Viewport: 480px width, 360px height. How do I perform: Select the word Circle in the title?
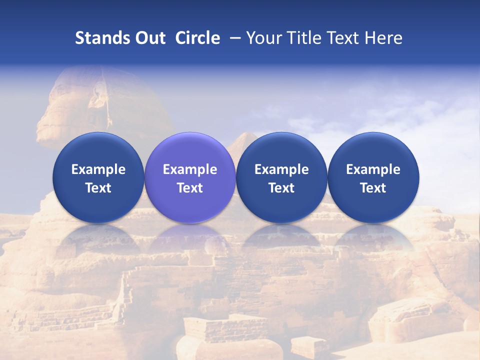coord(197,38)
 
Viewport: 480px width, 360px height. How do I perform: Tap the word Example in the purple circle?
coord(190,169)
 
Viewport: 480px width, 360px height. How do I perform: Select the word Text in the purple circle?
coord(190,188)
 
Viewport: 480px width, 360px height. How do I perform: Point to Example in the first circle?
coord(98,169)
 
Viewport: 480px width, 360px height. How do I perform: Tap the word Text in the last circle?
coord(373,188)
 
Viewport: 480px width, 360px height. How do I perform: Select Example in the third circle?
coord(281,169)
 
